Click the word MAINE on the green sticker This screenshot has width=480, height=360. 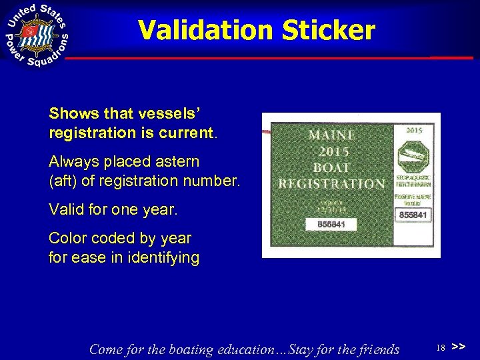point(332,135)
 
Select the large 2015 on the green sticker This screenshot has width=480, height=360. point(331,151)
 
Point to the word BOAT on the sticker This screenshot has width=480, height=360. point(331,167)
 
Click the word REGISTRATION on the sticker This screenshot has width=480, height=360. point(331,183)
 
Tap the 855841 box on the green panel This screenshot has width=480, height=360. point(325,225)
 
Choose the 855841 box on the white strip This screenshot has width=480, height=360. point(413,215)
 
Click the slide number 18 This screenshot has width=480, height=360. point(440,348)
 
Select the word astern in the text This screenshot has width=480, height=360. point(175,162)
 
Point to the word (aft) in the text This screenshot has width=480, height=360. point(63,180)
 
